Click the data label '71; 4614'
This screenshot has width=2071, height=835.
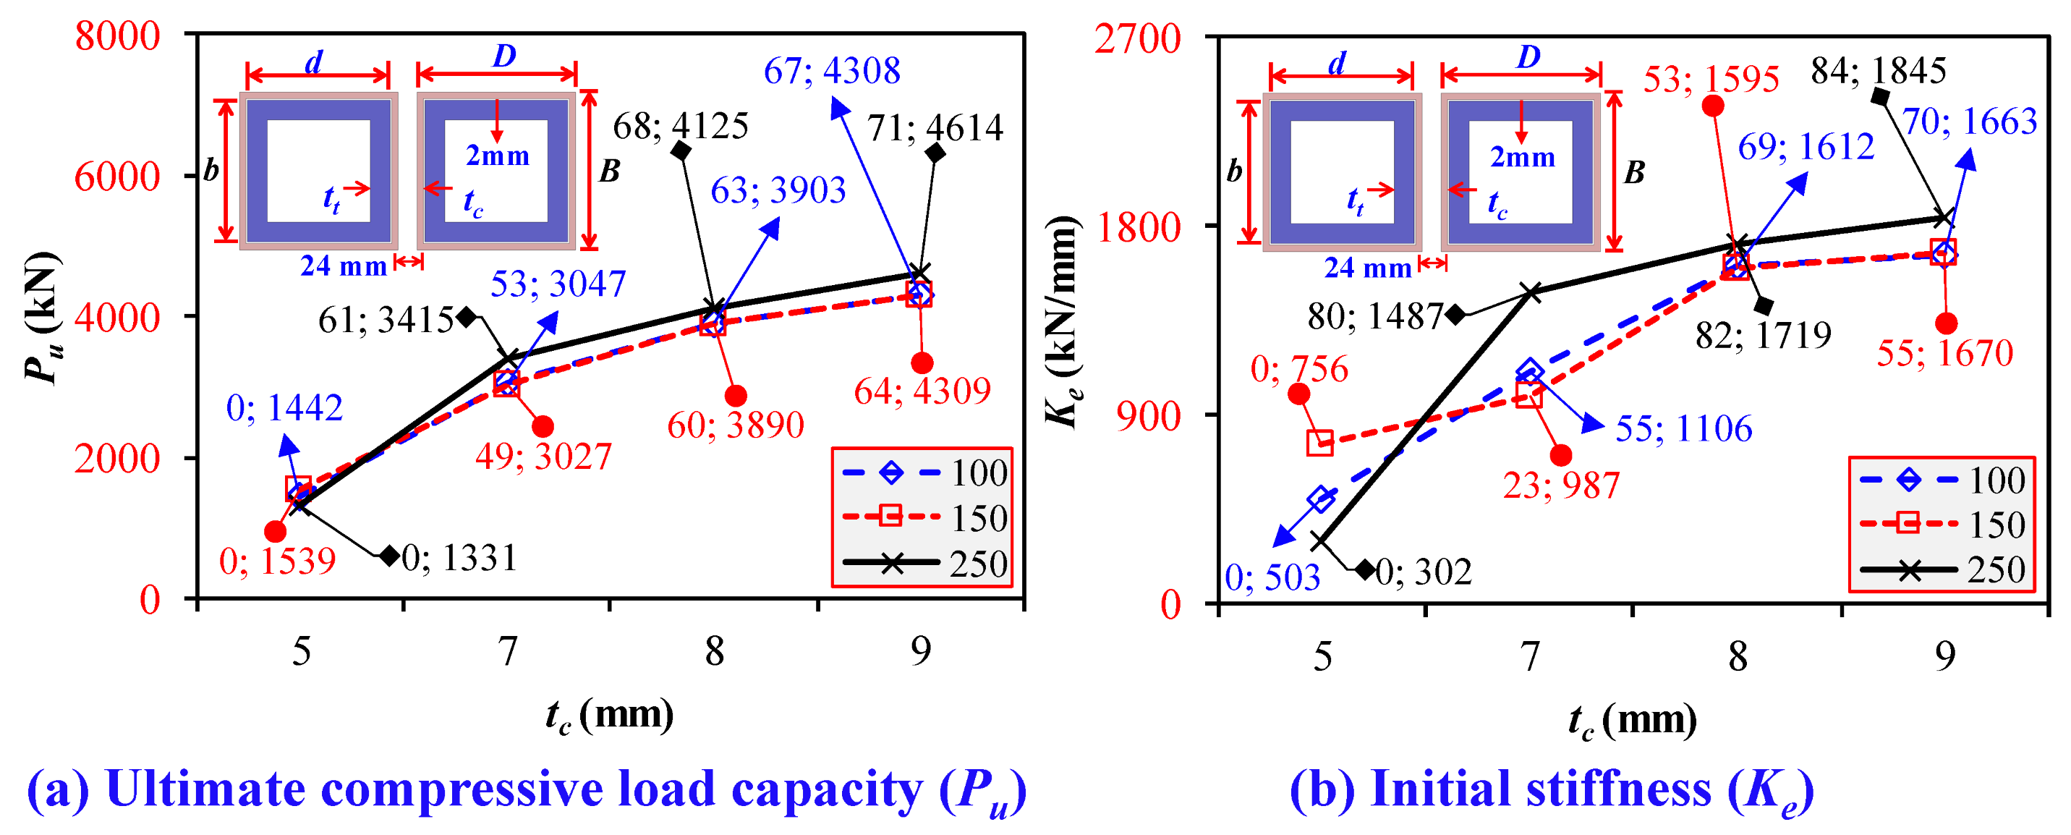[x=935, y=128]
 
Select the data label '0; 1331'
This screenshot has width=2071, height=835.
[x=459, y=557]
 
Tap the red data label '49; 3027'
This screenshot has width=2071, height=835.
[x=543, y=457]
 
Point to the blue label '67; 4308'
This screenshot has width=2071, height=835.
[x=832, y=71]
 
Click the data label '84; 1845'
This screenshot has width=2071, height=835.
[x=1878, y=71]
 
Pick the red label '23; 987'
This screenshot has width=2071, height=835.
[x=1561, y=486]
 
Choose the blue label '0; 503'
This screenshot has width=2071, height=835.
[x=1272, y=577]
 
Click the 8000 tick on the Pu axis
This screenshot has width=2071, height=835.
[x=117, y=36]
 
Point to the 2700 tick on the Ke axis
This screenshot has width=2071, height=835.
[x=1137, y=38]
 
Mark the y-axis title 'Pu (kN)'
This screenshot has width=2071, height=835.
[x=42, y=318]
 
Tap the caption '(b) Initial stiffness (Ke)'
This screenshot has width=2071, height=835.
[x=1552, y=790]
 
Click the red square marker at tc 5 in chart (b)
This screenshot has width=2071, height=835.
[x=1320, y=442]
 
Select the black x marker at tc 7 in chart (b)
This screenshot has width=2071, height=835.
[x=1531, y=292]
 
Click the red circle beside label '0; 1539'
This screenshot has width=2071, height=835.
[x=275, y=531]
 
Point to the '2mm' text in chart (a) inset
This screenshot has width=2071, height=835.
[x=498, y=156]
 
